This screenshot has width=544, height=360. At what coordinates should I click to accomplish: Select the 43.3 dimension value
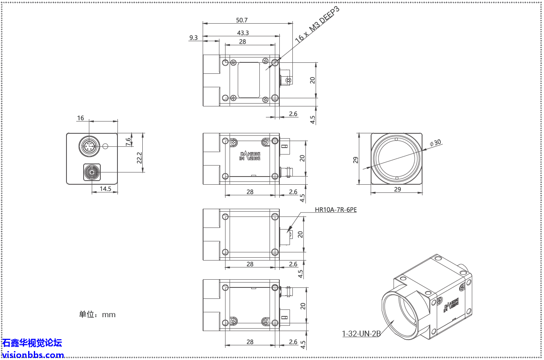242,33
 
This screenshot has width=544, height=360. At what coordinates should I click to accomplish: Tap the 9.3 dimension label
193,38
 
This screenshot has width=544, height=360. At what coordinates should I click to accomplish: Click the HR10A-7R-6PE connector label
336,210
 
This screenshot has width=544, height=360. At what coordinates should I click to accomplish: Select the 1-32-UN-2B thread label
361,333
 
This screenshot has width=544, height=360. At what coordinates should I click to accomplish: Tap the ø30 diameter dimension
436,143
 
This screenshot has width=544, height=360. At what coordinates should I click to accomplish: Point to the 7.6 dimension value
128,141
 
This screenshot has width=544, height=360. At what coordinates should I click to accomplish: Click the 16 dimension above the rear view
80,118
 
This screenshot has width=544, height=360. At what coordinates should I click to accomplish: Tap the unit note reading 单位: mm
97,314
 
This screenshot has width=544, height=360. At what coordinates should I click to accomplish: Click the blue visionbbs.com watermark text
33,355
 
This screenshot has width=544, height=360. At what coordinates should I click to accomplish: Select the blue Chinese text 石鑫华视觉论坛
32,343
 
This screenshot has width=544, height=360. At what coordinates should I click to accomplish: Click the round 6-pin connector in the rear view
89,146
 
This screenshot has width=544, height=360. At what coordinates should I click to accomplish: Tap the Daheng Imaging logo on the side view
250,156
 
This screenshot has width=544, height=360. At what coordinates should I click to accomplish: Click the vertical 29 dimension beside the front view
355,159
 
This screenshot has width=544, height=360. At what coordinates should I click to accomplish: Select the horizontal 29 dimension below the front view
397,189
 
